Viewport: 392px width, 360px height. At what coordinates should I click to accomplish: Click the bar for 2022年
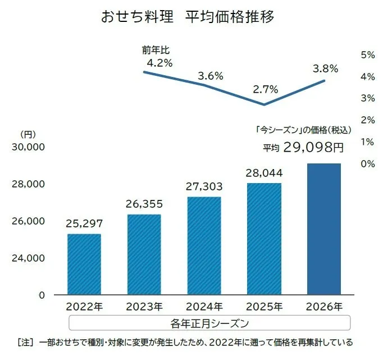pos(84,264)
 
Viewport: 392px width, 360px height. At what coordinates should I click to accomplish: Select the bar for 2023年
pos(144,254)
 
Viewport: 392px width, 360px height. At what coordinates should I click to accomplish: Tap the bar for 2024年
pos(204,245)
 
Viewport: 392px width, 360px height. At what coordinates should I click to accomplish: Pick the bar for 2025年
pos(264,239)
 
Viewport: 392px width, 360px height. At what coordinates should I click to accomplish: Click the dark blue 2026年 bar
pos(324,229)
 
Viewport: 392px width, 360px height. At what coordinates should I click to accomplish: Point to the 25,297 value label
pos(84,224)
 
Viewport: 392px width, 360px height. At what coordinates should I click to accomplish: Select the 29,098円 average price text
pos(312,148)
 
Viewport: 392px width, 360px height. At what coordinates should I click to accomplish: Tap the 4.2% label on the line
pos(159,63)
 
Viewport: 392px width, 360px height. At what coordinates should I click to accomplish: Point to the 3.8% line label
pos(325,69)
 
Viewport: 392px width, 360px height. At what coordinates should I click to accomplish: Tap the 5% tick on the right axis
pos(368,54)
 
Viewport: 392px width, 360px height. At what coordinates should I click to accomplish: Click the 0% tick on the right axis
pos(368,164)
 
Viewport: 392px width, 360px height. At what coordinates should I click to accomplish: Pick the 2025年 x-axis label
pos(264,307)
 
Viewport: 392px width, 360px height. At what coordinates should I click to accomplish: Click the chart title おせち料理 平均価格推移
pos(188,17)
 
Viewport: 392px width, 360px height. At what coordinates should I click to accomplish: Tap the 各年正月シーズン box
pos(209,323)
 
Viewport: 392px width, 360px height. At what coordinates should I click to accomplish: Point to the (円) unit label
pos(28,134)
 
